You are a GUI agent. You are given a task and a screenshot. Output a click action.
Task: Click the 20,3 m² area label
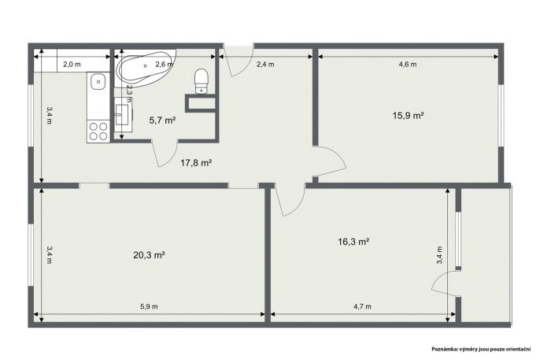point(149,255)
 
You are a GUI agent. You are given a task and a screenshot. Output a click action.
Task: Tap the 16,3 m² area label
point(353,242)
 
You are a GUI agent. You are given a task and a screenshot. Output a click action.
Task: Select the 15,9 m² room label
point(408,116)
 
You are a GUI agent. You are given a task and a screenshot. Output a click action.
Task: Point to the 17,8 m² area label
point(196,162)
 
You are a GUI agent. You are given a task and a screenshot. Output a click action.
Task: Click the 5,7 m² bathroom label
point(162,121)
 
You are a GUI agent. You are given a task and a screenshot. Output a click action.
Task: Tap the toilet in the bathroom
point(202,81)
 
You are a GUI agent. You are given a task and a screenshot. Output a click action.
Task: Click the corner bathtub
point(146,69)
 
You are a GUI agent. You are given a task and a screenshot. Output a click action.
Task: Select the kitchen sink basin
point(98,82)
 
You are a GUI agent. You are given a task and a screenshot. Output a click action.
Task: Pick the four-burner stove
point(98,132)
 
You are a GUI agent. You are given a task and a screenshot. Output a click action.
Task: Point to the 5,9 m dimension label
point(149,306)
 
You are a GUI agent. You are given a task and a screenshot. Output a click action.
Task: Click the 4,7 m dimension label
point(363,306)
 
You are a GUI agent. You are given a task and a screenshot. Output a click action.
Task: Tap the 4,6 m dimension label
point(408,64)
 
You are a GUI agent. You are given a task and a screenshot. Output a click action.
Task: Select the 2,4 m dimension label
point(265,64)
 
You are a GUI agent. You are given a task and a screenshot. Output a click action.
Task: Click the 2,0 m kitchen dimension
point(72,64)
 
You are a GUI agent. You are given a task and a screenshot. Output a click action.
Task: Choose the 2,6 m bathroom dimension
point(164,64)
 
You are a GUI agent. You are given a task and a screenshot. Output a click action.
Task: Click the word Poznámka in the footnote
point(444,349)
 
